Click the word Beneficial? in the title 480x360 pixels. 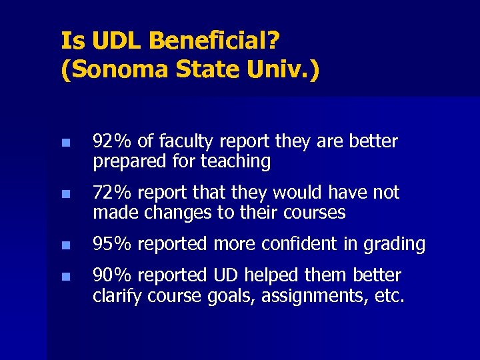point(214,41)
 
